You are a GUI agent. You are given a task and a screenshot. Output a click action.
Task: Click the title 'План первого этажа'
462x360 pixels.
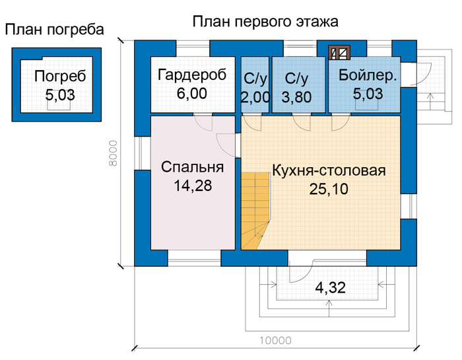coord(265,22)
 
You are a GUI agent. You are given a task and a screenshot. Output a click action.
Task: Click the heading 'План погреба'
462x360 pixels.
coord(55,30)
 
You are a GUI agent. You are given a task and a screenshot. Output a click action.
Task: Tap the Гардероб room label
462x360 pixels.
coord(192,75)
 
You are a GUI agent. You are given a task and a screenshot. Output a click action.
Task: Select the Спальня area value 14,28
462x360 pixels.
coord(193,186)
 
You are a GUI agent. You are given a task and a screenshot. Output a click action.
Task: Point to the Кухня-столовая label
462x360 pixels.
coord(329,170)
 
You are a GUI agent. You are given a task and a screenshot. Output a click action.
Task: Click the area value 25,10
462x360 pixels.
coord(329,189)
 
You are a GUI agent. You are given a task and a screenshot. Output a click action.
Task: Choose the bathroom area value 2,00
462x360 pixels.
coord(255,97)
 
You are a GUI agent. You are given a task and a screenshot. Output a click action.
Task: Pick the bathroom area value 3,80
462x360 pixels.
coord(296,97)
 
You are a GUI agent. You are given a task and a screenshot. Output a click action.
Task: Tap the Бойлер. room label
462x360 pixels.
coord(368,75)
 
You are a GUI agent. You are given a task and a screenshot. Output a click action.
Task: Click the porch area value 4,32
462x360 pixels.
coord(330,287)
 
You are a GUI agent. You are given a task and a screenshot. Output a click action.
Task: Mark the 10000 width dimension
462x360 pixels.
coord(275,341)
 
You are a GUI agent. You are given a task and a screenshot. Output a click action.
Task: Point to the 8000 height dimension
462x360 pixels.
coord(113,153)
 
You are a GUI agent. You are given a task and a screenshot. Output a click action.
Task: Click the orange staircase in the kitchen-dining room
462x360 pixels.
coord(255,211)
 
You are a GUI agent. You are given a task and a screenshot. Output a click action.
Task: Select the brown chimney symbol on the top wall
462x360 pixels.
coord(339,53)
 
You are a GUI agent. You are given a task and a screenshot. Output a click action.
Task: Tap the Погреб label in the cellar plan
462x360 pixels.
coord(60,77)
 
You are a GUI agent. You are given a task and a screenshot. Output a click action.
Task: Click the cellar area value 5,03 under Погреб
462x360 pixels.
coord(60,95)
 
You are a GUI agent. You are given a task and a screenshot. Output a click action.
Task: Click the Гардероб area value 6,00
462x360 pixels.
coord(192,93)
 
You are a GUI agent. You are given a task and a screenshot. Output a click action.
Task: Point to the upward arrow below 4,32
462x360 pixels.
coord(330,308)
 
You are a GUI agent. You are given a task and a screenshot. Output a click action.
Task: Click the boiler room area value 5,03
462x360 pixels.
coord(368,94)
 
